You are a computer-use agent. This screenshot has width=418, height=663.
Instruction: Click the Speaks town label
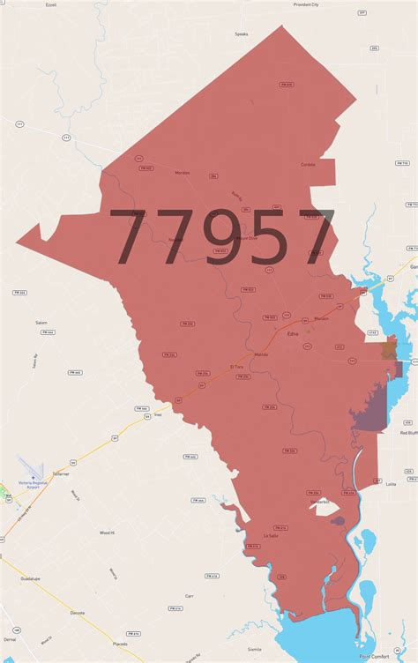(241, 34)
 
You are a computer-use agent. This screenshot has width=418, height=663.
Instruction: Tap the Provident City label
(307, 4)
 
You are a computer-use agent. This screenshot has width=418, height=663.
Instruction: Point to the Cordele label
(308, 165)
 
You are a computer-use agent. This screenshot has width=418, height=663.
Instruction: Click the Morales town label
(183, 173)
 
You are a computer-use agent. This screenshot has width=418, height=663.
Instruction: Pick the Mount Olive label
(247, 238)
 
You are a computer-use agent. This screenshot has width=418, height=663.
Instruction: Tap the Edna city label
(293, 333)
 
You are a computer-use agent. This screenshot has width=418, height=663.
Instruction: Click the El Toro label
(235, 366)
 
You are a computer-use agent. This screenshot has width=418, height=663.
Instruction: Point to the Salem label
(41, 323)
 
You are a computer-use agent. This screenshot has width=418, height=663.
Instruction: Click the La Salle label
(270, 535)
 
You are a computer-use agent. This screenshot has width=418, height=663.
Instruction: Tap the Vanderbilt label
(320, 502)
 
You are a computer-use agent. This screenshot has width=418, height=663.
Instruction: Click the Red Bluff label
(407, 433)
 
